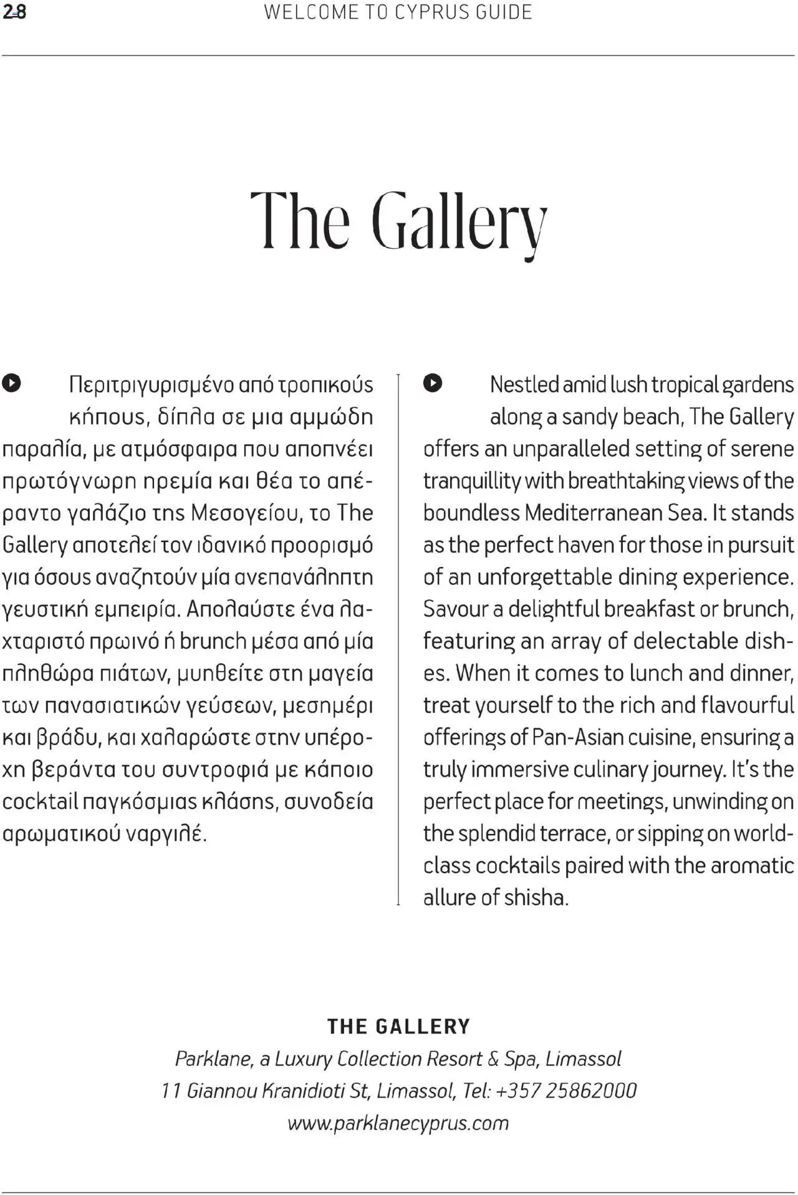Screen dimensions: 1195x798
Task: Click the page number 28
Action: click(14, 12)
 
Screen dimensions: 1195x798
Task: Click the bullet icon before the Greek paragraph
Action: click(12, 383)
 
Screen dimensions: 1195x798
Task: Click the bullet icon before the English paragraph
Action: click(433, 383)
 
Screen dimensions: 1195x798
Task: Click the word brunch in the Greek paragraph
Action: click(213, 641)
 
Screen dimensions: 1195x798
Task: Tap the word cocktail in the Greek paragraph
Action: click(41, 801)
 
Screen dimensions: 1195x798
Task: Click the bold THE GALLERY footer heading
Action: click(399, 1027)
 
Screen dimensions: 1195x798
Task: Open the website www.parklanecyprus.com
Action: click(398, 1123)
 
